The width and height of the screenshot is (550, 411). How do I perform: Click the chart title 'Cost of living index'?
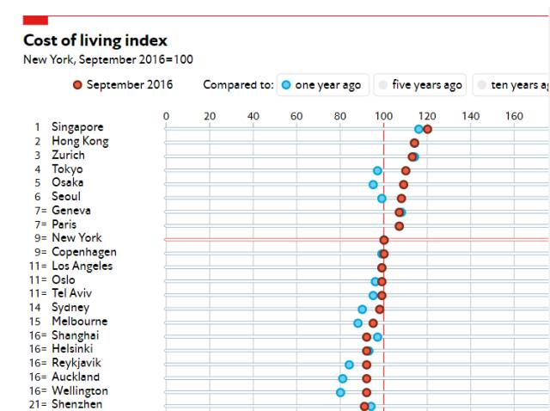pos(95,40)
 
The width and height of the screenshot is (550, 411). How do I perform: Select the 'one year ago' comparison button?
pos(322,85)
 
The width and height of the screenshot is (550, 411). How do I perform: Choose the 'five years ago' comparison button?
pos(420,85)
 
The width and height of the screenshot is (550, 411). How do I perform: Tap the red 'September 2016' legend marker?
pos(78,85)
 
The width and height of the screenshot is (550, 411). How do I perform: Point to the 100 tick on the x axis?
pos(383,115)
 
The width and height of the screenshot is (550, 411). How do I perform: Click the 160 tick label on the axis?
pos(513,115)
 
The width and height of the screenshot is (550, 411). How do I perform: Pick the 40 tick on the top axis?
pos(253,115)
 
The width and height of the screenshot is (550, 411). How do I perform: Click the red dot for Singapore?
pos(427,129)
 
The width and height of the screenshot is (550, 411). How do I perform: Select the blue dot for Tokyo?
pos(377,170)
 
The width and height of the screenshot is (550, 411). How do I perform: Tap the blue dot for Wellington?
pos(340,392)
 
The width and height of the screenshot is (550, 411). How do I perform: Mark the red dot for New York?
pos(383,240)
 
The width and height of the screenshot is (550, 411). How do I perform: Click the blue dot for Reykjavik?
pos(349,365)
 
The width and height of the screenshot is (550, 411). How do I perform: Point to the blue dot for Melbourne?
pos(357,322)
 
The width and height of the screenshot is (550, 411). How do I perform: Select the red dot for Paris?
pos(399,226)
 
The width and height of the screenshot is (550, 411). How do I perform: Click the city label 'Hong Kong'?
pos(80,141)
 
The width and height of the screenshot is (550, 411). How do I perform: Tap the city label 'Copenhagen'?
pos(84,252)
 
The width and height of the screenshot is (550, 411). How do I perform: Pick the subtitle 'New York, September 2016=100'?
pos(107,59)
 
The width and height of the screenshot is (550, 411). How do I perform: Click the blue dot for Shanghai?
pos(377,336)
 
